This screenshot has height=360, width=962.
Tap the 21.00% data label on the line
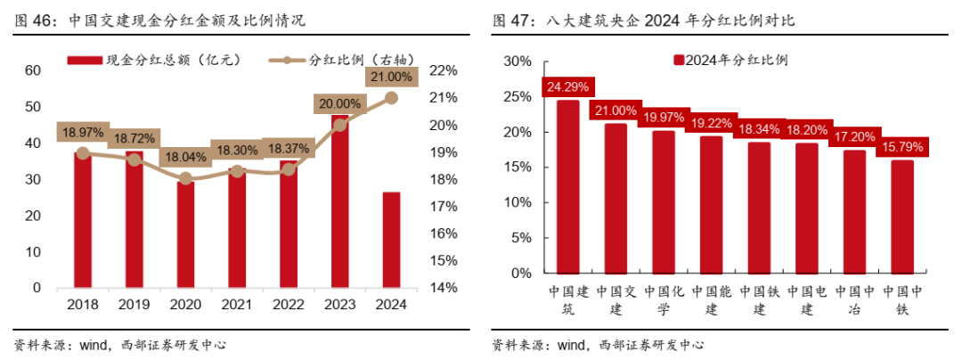pos(390,78)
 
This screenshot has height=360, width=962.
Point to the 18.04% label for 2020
pos(185,157)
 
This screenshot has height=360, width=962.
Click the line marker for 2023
pos(339,125)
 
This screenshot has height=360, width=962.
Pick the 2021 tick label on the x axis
pos(237,304)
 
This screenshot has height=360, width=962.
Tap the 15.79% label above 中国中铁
pos(901,145)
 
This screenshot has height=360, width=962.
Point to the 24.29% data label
pos(567,87)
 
